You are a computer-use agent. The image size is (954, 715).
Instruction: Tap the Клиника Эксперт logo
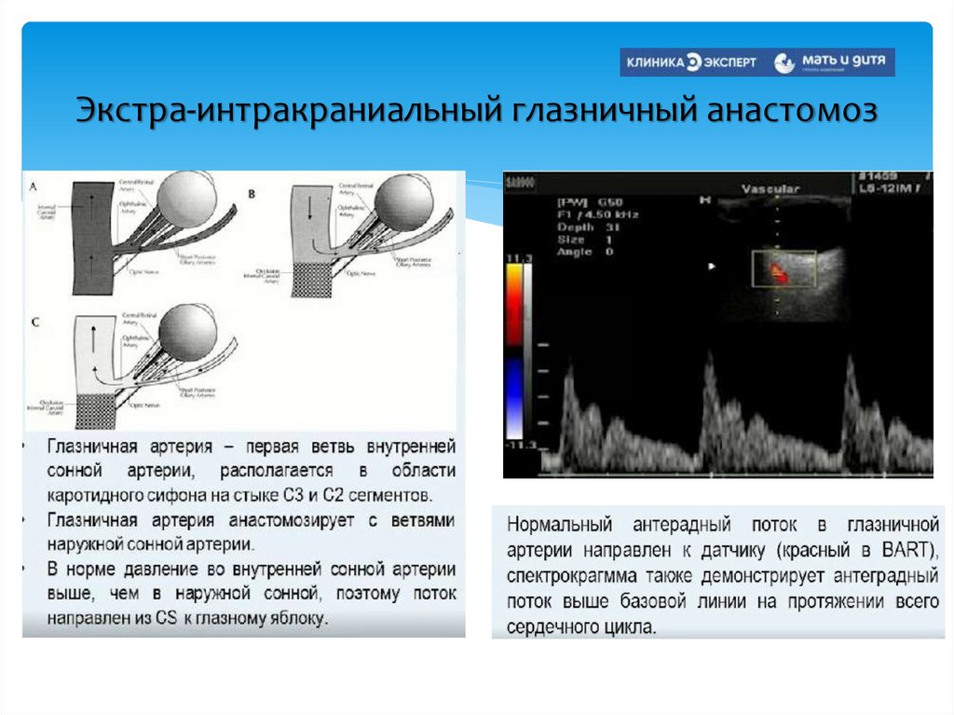pos(691,62)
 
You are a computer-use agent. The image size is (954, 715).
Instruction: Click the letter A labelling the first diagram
pos(34,186)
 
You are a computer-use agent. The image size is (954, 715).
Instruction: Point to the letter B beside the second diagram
pos(251,193)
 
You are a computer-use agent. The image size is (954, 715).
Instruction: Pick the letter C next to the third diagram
pos(35,322)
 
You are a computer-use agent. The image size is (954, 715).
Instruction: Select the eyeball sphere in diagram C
pos(188,334)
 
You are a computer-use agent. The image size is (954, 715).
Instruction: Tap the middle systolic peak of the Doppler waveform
pos(710,373)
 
